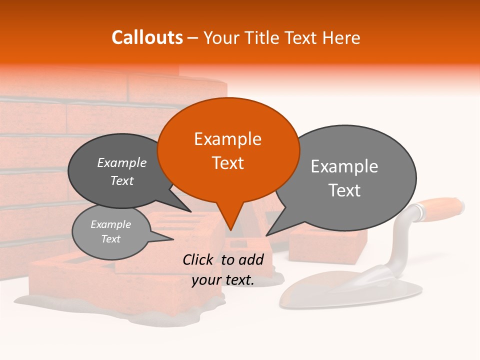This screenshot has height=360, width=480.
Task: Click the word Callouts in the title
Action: pos(147,37)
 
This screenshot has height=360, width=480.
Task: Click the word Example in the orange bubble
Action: pos(228,139)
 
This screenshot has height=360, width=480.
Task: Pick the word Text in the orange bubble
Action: pos(228,163)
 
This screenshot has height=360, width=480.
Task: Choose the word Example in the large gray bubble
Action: pos(344,166)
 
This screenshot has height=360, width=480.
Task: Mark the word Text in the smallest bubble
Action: pos(111,239)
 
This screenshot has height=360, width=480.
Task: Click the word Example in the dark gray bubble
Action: pos(122,163)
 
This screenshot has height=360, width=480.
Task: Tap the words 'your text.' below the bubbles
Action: pos(223,280)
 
